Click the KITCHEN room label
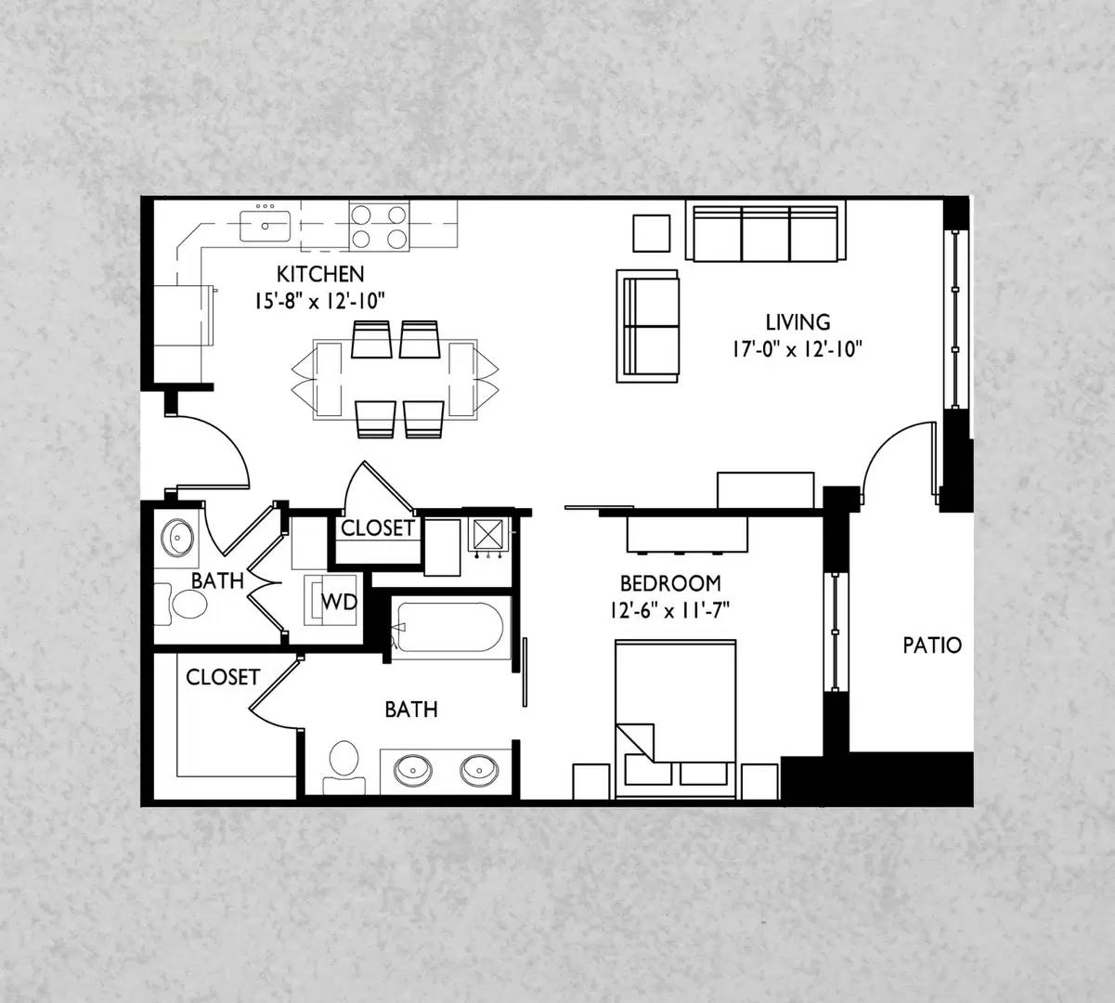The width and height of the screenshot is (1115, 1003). click(320, 274)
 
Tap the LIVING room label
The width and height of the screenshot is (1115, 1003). click(797, 322)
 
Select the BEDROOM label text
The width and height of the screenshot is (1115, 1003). click(670, 583)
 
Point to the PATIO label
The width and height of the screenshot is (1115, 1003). click(932, 645)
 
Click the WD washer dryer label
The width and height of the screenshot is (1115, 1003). click(339, 602)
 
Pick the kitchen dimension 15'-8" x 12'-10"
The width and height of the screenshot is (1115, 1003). click(319, 302)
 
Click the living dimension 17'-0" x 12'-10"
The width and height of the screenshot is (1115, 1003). click(797, 350)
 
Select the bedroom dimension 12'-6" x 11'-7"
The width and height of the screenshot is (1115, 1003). click(669, 611)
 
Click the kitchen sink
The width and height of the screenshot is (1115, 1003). click(266, 226)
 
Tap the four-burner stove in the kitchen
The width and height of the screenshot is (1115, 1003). click(379, 227)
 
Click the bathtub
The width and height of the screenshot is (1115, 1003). click(450, 628)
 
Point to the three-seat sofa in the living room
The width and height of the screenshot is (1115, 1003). click(765, 231)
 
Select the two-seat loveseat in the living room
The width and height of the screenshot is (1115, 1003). click(647, 326)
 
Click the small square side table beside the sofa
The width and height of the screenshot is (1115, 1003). click(652, 233)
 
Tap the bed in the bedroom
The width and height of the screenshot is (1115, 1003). click(675, 720)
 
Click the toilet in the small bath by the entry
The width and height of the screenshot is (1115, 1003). click(181, 604)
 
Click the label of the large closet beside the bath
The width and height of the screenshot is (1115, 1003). click(223, 677)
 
